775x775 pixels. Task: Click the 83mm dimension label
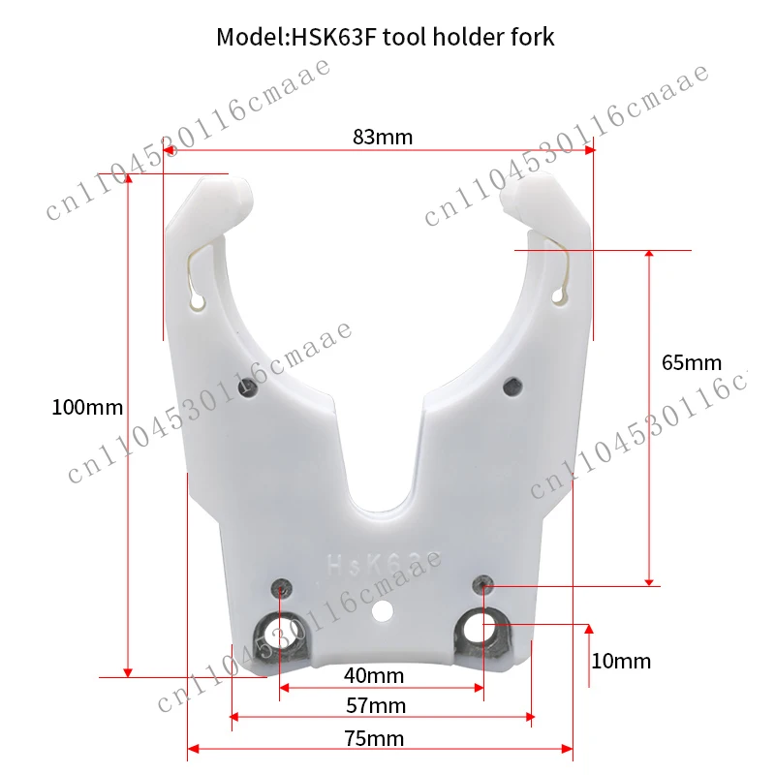(x=383, y=137)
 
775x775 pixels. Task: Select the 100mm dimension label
(x=87, y=407)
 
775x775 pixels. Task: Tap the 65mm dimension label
(x=692, y=363)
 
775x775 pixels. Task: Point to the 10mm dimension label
(x=621, y=662)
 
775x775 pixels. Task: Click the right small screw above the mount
(x=482, y=582)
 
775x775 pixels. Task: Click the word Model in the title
(x=246, y=38)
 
